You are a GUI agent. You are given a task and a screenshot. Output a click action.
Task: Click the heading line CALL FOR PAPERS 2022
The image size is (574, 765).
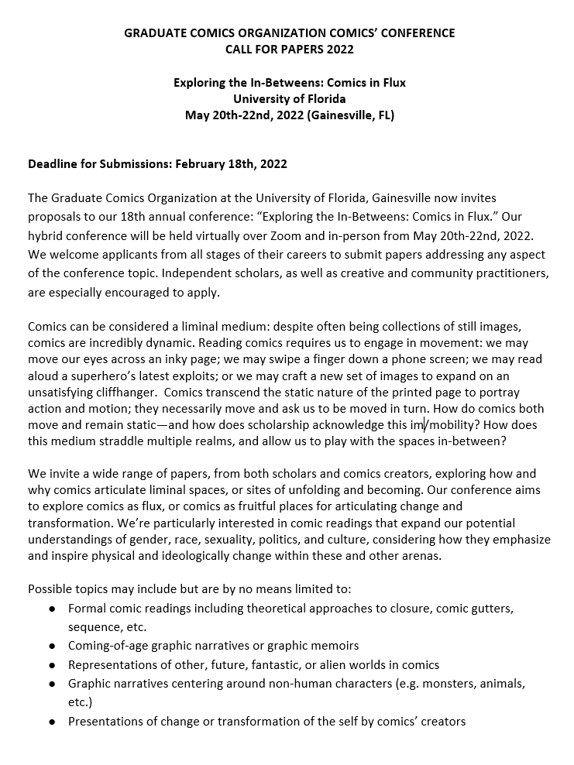point(289,49)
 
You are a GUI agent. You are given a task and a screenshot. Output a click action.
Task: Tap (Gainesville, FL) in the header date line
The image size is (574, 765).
point(351,115)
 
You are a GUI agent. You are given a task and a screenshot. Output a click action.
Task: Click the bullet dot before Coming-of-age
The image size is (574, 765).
point(52,645)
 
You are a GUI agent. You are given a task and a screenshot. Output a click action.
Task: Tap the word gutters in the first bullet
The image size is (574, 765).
point(490,609)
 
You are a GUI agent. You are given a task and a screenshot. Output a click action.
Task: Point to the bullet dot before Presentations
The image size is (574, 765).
point(52,721)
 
